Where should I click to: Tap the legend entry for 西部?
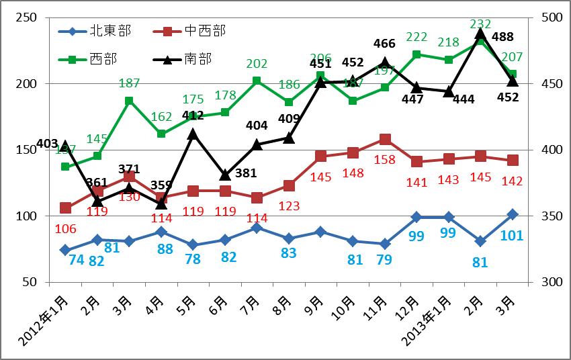[x=102, y=58]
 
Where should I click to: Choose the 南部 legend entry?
[x=197, y=58]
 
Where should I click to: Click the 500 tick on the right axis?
[x=540, y=18]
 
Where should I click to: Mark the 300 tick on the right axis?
[x=540, y=282]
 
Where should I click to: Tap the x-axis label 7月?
[x=250, y=300]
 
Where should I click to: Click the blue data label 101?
[x=512, y=236]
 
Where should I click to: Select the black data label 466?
[x=384, y=44]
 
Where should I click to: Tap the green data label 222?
[x=417, y=36]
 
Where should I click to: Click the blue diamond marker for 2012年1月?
[x=65, y=250]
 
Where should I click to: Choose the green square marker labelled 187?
[x=129, y=101]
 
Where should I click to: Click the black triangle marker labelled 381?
[x=225, y=175]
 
